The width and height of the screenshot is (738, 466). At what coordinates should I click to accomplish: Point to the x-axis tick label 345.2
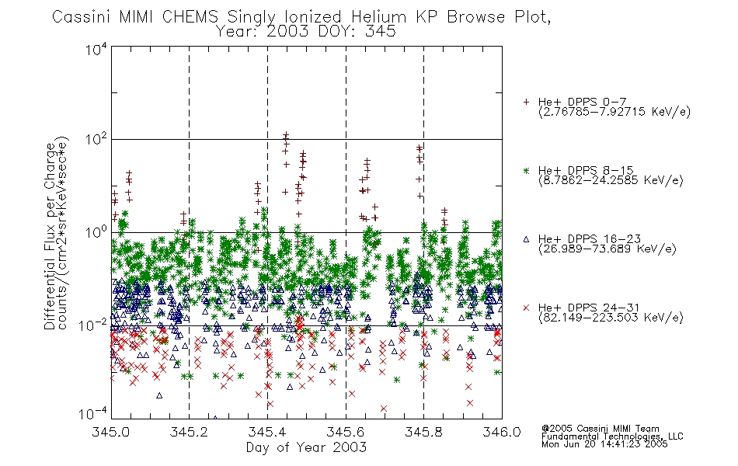(x=190, y=432)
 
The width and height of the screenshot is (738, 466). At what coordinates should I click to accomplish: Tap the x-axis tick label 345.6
(x=346, y=432)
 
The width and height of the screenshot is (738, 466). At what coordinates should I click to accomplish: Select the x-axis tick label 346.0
(x=502, y=432)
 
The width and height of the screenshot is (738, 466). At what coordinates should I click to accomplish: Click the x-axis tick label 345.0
(x=111, y=432)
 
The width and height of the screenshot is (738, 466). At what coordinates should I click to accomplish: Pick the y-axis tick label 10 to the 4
(x=96, y=49)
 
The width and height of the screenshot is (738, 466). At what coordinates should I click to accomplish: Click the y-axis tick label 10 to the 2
(x=96, y=139)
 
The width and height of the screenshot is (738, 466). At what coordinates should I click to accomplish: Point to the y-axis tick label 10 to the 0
(x=96, y=232)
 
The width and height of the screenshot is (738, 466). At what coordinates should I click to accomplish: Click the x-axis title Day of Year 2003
(x=306, y=447)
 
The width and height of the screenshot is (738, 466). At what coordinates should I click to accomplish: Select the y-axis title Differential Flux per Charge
(x=50, y=236)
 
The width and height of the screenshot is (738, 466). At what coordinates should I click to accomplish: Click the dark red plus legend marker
(x=526, y=102)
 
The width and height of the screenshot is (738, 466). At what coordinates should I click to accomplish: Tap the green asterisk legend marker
(x=526, y=170)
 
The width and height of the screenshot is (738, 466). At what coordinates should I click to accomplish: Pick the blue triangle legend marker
(x=526, y=239)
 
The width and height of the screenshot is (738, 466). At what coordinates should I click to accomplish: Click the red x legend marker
(x=526, y=308)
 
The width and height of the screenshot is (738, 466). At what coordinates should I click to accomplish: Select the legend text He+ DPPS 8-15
(x=586, y=170)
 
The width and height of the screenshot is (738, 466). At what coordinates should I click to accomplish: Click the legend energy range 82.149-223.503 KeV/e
(x=611, y=318)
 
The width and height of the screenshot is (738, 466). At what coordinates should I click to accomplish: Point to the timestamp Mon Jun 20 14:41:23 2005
(x=604, y=444)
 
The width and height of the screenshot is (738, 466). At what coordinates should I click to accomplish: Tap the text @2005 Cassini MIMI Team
(x=600, y=429)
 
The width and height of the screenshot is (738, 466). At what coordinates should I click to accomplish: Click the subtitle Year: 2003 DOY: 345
(x=306, y=32)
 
